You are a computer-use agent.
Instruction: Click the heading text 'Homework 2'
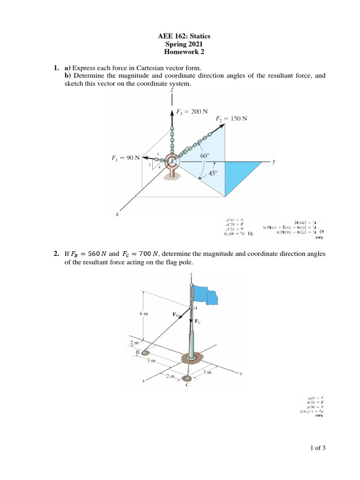180,52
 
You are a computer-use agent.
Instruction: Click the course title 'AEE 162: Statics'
180,36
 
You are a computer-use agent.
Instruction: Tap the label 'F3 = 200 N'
192,112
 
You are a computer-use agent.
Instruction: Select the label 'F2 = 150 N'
231,119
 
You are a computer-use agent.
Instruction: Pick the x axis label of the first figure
117,214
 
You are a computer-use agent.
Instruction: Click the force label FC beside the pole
197,322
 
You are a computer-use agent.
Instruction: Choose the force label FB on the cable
176,315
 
